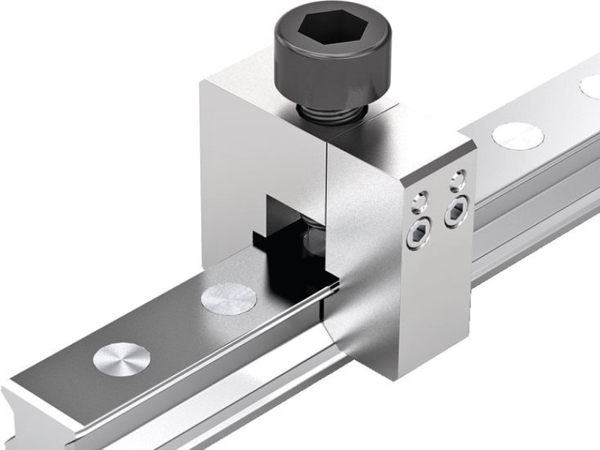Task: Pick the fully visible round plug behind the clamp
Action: [x=517, y=135]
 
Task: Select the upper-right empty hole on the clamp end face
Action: [x=456, y=180]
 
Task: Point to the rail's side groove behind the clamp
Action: [x=525, y=217]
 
